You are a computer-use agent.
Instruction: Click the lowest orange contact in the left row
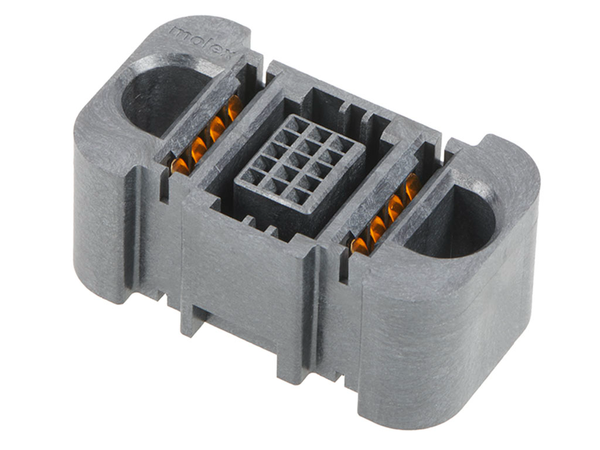click(180, 166)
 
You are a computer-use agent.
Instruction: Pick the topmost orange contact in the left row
click(234, 107)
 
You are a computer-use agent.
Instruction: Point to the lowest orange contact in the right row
click(360, 246)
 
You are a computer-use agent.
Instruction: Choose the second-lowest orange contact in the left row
click(198, 149)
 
